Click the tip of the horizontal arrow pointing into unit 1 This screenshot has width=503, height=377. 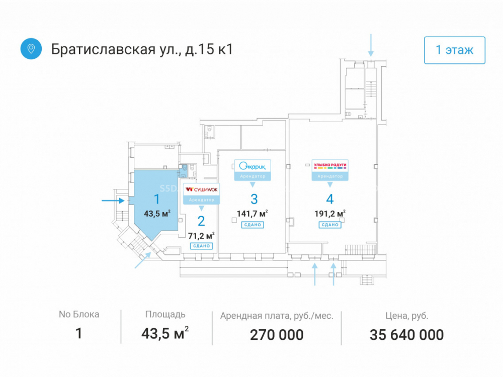click(x=124, y=201)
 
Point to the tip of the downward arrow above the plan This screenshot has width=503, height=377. click(x=371, y=56)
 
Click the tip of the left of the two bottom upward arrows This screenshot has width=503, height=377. click(x=315, y=263)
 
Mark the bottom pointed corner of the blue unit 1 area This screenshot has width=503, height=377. click(x=152, y=241)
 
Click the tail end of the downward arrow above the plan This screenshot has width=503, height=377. click(x=371, y=34)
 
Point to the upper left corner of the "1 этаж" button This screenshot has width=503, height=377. click(x=425, y=37)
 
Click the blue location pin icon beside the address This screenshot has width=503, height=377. click(x=31, y=49)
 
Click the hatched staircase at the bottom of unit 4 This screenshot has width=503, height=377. click(x=360, y=250)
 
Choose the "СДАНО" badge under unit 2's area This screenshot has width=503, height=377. click(x=202, y=246)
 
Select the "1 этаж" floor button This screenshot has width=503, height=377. click(x=455, y=50)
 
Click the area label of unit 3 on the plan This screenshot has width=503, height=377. click(x=253, y=214)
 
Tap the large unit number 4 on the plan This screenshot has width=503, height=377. click(x=330, y=199)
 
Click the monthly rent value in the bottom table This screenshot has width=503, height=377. click(x=277, y=335)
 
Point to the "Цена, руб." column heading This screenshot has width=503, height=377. click(x=406, y=316)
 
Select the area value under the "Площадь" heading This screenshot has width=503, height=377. click(x=165, y=333)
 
